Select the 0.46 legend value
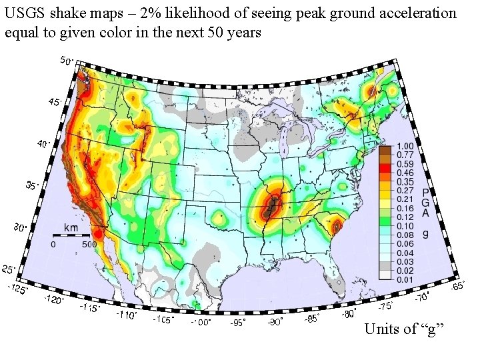point(405,173)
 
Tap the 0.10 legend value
point(405,226)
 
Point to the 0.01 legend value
point(405,279)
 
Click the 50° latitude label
point(67,61)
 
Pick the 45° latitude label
point(55,102)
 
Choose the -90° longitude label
point(275,322)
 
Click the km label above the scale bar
point(71,228)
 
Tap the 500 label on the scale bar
point(89,244)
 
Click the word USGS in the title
point(24,13)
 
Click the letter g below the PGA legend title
point(426,233)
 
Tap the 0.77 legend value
point(405,155)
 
